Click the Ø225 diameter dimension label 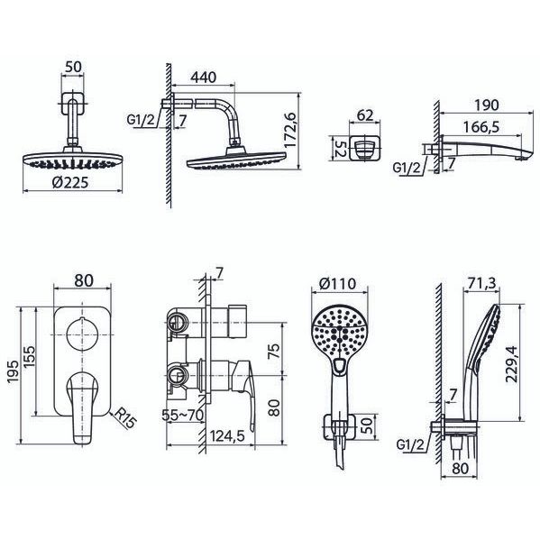point(70,182)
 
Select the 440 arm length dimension point(204,78)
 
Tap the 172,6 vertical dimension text point(291,130)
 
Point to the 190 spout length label point(486,105)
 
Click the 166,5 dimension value point(481,127)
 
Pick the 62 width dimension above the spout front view point(365,115)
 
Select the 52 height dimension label point(340,149)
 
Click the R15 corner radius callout point(124,417)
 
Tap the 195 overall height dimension point(14,372)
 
